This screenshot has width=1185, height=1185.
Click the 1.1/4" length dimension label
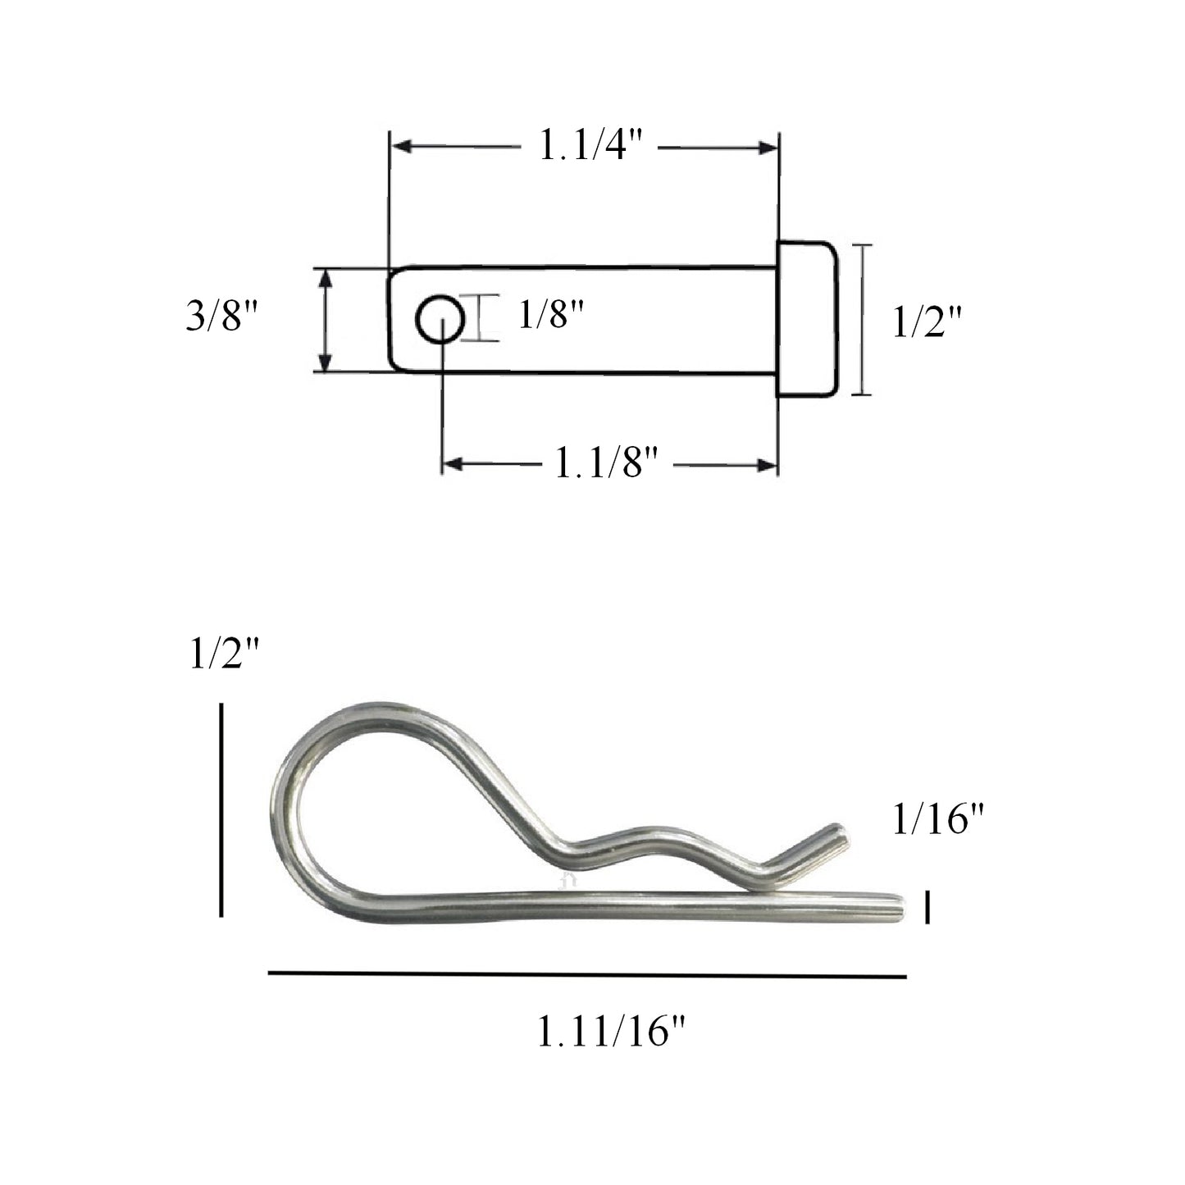(589, 147)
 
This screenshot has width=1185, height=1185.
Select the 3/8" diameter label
(222, 316)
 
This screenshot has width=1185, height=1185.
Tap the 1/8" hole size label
(550, 313)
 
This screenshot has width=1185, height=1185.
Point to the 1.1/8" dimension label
(607, 464)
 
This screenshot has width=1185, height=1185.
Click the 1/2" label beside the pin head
(926, 323)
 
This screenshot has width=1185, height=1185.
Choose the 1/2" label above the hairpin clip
(224, 656)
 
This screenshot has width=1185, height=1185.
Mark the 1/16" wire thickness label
(938, 819)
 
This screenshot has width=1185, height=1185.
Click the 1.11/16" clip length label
(610, 1032)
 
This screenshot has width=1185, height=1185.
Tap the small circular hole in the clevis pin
(440, 319)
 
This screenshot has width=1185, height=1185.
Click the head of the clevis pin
(807, 320)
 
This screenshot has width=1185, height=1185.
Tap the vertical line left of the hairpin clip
(221, 809)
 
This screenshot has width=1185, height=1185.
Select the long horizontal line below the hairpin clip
(587, 975)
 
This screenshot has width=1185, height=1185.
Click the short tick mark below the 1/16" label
(927, 907)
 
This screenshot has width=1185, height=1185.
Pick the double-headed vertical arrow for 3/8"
(326, 320)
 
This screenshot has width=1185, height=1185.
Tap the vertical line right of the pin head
(860, 320)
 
